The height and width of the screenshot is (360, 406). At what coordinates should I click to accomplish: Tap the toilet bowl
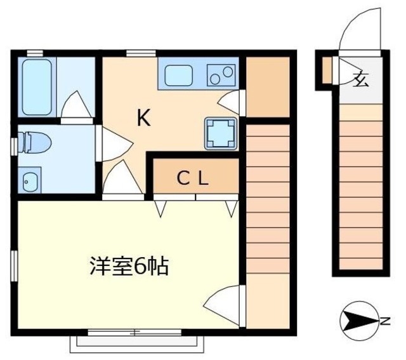30,142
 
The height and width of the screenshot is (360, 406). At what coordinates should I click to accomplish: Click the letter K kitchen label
144,118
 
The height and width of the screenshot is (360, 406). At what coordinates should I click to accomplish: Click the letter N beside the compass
384,321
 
